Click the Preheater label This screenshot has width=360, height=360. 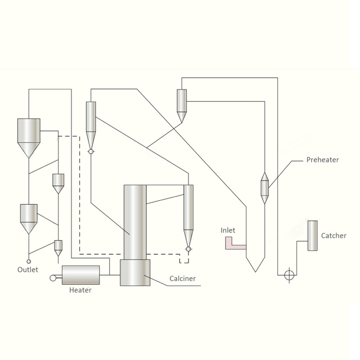click(x=322, y=160)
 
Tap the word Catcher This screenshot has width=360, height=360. click(x=334, y=236)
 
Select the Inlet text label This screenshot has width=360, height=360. click(x=228, y=231)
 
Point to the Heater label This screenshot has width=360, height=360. click(x=80, y=290)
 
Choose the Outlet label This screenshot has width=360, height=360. click(x=28, y=270)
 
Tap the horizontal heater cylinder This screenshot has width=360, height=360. click(x=80, y=275)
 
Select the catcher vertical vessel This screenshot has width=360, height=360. click(x=312, y=236)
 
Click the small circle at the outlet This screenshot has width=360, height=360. click(x=29, y=262)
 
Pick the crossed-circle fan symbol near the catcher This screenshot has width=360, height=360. click(x=289, y=275)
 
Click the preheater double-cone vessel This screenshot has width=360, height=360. click(x=265, y=188)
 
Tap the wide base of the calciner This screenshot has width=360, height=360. click(x=135, y=272)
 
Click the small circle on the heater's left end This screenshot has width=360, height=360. click(x=54, y=277)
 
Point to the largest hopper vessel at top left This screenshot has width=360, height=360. click(x=29, y=137)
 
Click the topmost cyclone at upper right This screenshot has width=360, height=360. click(x=182, y=104)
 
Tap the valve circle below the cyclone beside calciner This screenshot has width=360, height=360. click(x=188, y=249)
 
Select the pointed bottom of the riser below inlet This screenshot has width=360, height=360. click(x=256, y=265)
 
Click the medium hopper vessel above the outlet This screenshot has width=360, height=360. click(x=29, y=218)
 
